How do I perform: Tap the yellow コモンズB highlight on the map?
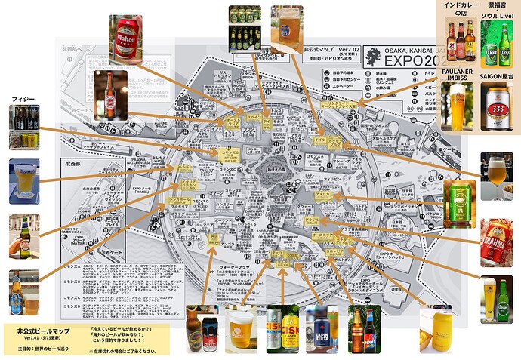230,152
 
